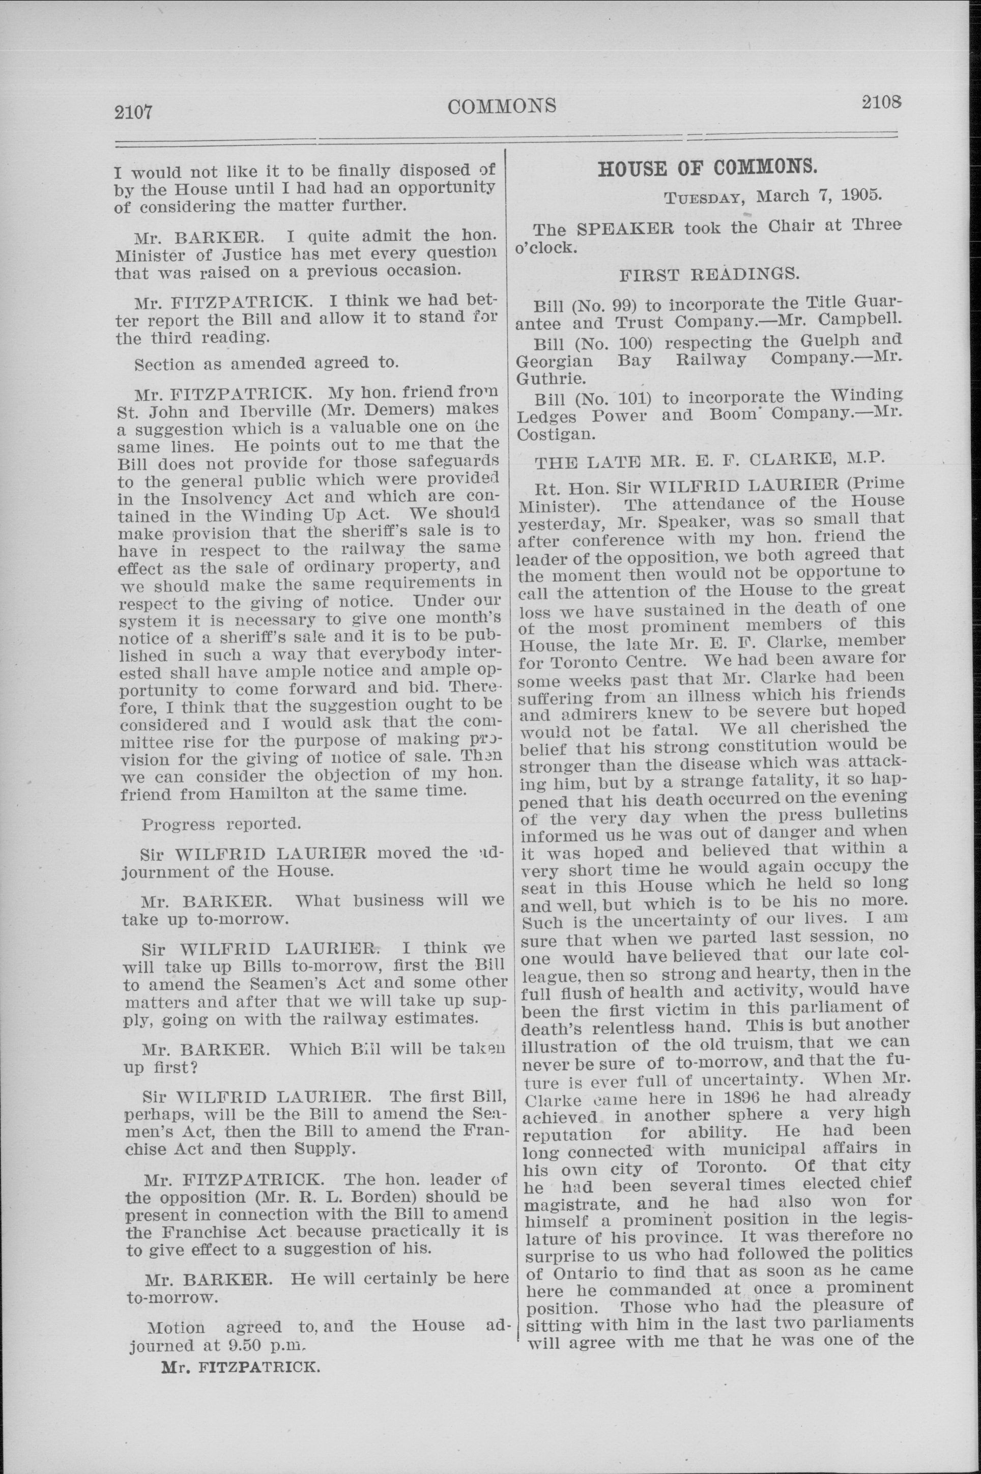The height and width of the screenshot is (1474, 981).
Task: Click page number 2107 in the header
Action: (x=133, y=112)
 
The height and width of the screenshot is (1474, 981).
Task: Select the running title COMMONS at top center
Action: (x=502, y=106)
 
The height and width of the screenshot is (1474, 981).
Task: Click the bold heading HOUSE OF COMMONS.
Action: (x=708, y=169)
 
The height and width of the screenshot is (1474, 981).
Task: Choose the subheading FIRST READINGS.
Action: (x=708, y=274)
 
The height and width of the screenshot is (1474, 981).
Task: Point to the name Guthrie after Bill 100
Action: (x=542, y=379)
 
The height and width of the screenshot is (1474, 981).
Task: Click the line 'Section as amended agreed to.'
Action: (x=266, y=363)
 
